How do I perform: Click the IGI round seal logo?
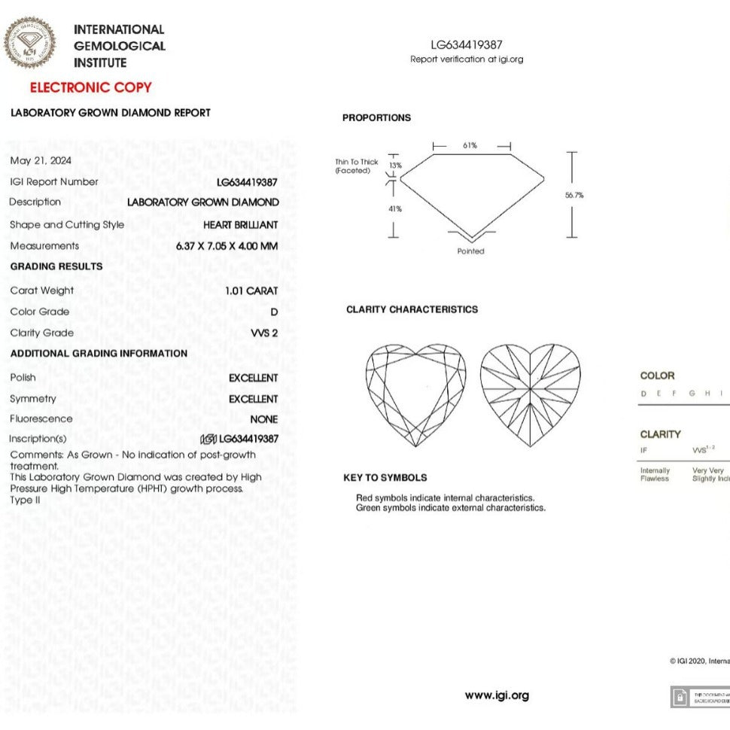29,42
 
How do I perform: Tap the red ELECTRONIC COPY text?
91,87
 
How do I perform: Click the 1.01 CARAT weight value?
251,290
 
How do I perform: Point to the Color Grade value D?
274,312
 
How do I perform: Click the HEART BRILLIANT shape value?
240,224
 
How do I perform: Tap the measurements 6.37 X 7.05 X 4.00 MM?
227,245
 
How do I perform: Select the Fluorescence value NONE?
263,419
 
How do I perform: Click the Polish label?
23,377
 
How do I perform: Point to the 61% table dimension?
470,145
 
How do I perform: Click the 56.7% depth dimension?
574,195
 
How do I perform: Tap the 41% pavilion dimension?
394,208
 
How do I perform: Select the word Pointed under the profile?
471,251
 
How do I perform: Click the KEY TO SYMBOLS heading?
385,478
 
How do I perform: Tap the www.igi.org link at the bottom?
497,695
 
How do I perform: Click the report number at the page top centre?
467,45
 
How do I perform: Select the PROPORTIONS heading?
376,118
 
